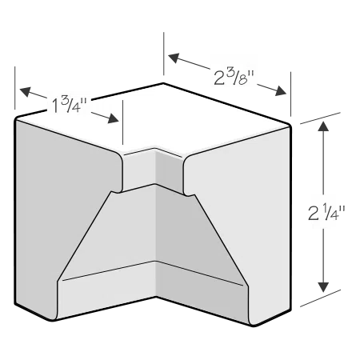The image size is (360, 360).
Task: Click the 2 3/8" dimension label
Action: point(234,78)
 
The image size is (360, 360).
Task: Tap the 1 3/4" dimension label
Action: point(69,105)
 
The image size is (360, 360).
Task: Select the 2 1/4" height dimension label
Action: point(326,213)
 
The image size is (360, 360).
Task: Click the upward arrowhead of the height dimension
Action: point(323,126)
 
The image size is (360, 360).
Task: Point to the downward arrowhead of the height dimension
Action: point(323,286)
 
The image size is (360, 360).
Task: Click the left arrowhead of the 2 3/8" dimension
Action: point(174,58)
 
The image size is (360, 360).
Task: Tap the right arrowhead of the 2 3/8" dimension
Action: point(281,91)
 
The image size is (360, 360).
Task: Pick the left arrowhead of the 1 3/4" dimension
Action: point(26,91)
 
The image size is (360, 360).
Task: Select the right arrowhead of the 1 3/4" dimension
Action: point(113,118)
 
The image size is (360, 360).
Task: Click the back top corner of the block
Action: point(163,83)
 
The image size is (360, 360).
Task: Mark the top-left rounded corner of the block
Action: point(16,119)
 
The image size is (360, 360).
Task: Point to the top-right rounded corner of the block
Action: point(290,126)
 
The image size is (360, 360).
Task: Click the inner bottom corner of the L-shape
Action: point(155,296)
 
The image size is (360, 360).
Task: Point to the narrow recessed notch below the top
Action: point(153,170)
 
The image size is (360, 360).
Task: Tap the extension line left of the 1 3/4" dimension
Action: point(15,88)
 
